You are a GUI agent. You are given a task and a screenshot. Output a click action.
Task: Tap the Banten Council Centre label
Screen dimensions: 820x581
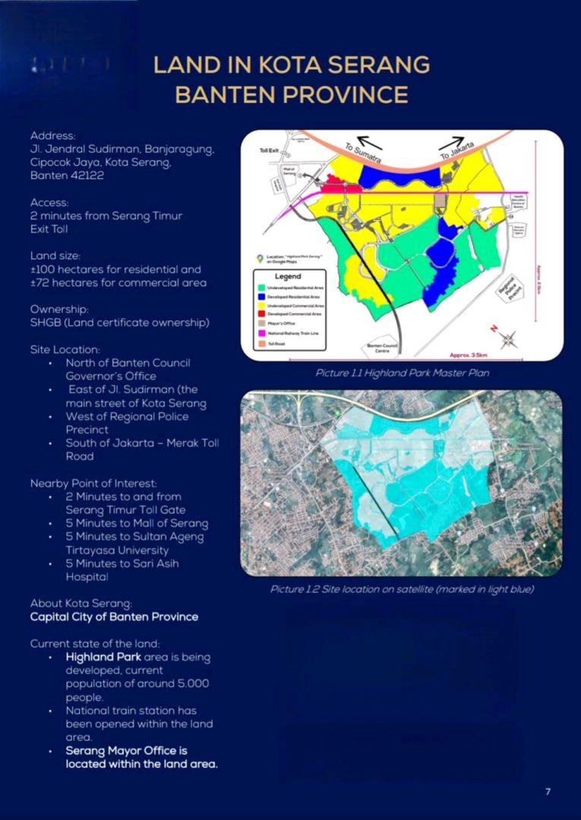click(383, 347)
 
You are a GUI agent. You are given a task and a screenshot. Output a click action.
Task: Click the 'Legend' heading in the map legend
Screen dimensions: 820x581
click(288, 277)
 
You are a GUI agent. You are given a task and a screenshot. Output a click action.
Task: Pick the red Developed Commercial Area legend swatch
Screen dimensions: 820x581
click(261, 314)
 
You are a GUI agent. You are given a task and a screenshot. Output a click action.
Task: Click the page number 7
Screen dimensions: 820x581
click(548, 792)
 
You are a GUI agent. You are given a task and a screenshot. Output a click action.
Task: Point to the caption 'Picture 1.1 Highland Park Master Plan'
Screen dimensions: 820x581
click(402, 373)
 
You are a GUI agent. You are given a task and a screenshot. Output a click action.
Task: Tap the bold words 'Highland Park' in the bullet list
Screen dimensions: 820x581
click(100, 657)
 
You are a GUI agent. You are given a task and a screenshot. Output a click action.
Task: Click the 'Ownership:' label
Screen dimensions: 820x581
click(56, 310)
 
